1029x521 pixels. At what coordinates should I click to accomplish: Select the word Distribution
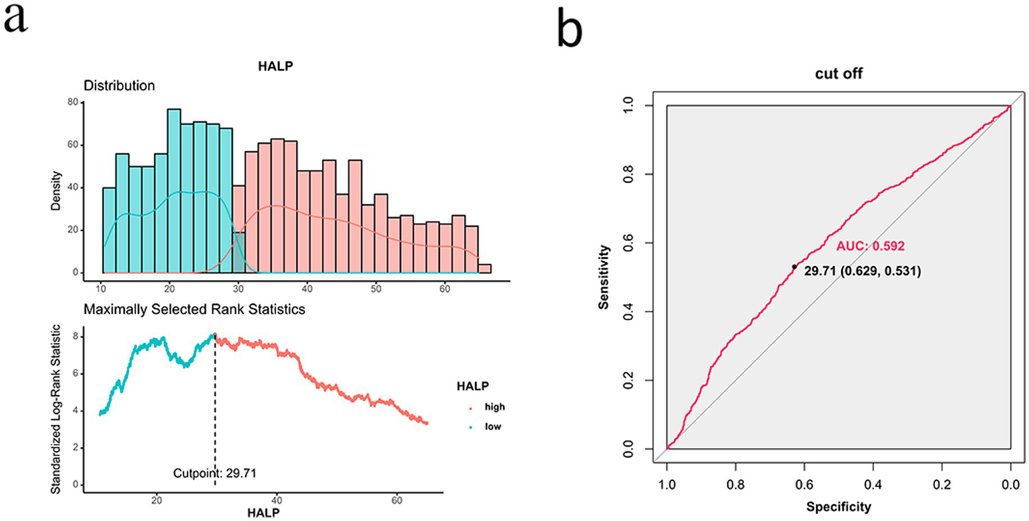click(x=119, y=86)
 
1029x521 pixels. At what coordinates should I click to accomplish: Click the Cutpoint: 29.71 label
click(x=215, y=473)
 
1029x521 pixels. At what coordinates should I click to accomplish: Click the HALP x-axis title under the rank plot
click(x=263, y=512)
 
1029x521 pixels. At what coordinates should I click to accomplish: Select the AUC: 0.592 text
click(x=870, y=246)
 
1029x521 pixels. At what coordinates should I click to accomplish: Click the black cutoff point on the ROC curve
click(x=794, y=267)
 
